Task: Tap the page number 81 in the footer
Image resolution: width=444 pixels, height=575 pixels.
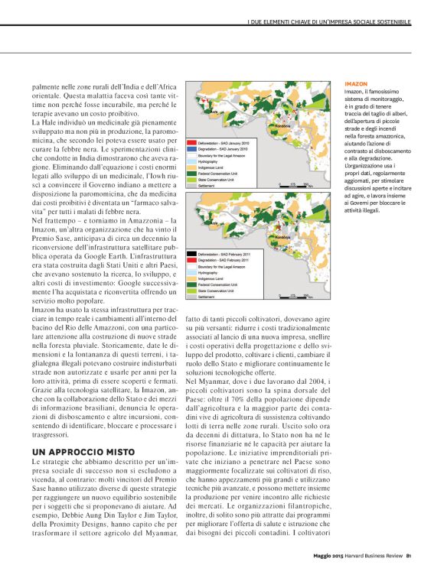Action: point(410,556)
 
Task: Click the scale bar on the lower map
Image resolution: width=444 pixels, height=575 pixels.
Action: point(294,295)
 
